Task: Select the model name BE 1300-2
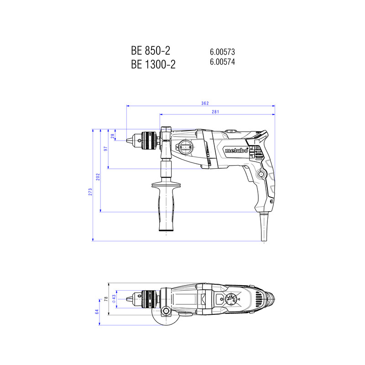click(x=153, y=65)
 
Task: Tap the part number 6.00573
click(x=222, y=52)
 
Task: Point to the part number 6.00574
click(x=222, y=63)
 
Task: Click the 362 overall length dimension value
click(x=205, y=104)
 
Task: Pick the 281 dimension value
click(x=217, y=111)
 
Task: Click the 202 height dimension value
click(x=98, y=177)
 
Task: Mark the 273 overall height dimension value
click(x=90, y=192)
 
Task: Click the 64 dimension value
click(x=97, y=312)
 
